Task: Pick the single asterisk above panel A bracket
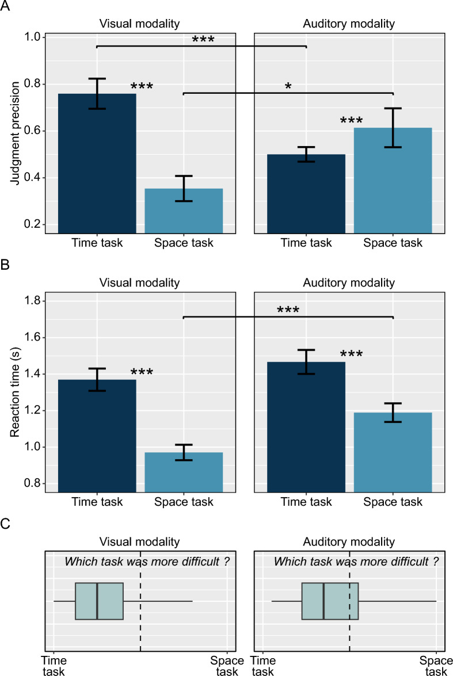(288, 86)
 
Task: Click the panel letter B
(6, 266)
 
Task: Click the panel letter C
(6, 525)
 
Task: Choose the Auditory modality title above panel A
(349, 24)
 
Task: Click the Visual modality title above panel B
(140, 282)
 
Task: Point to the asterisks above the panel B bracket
(288, 310)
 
